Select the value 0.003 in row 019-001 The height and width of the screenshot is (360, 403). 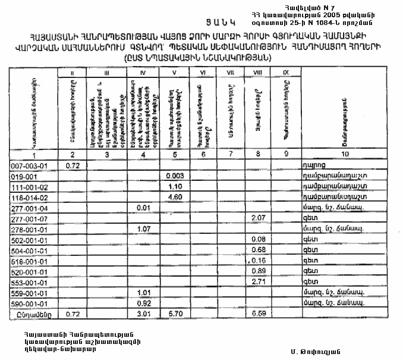click(x=174, y=176)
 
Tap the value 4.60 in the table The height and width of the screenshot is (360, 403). click(x=174, y=196)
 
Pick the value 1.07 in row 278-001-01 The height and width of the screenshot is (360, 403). click(x=141, y=230)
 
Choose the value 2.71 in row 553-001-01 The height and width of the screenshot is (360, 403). click(x=258, y=281)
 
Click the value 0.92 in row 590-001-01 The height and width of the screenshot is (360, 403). click(x=141, y=303)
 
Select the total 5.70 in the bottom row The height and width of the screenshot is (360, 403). click(x=174, y=314)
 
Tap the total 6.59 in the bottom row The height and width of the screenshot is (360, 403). click(x=258, y=314)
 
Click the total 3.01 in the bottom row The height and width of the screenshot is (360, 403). click(x=141, y=314)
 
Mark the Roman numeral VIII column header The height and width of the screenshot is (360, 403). click(x=258, y=73)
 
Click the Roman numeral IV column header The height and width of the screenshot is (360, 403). click(x=141, y=73)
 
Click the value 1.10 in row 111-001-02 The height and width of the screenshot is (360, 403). click(x=174, y=186)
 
